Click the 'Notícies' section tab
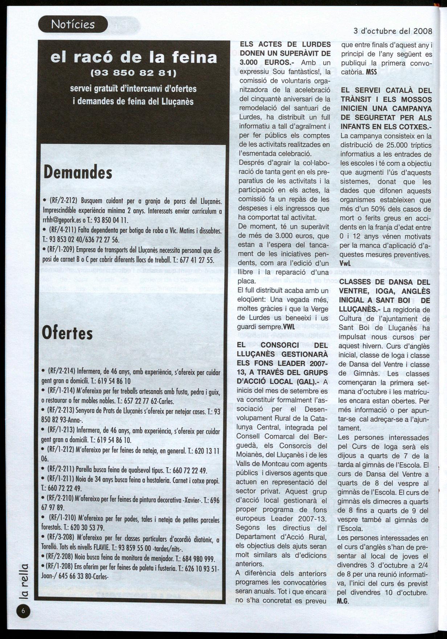pos(73,24)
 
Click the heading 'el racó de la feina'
pos(134,57)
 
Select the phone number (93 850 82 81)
pos(134,73)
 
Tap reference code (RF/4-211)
pos(62,231)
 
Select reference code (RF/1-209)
pos(62,250)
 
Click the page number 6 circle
pos(23,611)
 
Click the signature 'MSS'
pos(372,72)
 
